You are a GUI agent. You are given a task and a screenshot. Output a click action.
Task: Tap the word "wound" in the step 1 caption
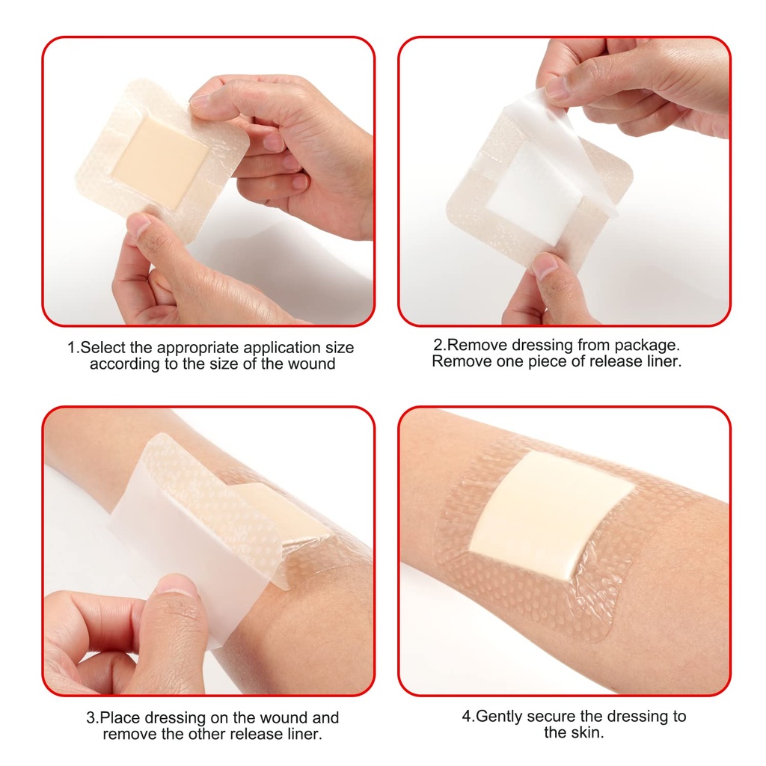pos(314,364)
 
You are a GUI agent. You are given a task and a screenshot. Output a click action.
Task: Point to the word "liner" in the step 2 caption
pos(661,361)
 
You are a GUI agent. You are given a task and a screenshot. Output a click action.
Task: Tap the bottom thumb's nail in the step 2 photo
pos(544,265)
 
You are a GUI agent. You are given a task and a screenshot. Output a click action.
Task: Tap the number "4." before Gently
pos(468,716)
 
